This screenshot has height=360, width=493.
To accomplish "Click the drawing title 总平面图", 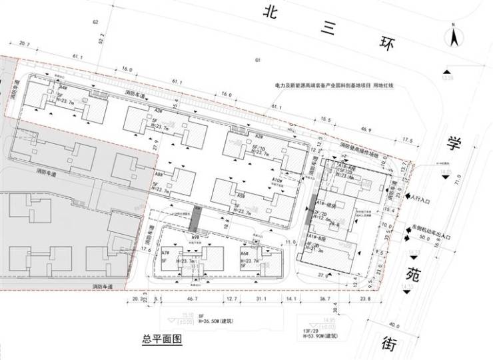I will pos(162,339).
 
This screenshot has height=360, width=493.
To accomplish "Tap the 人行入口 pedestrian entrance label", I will pos(424,199).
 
